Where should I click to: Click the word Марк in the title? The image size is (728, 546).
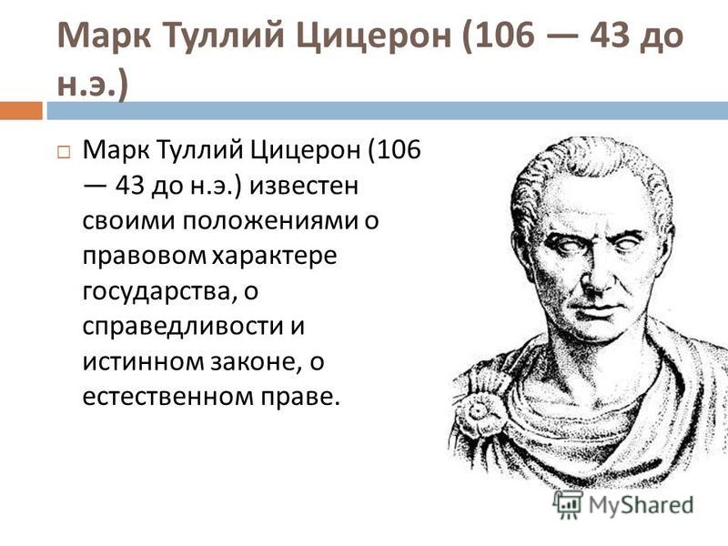(104, 35)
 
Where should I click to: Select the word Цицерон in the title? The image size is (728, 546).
(374, 36)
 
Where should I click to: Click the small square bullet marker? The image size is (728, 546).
(64, 152)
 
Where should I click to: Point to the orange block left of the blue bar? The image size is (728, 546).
(21, 110)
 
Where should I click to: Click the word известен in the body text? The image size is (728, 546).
(304, 186)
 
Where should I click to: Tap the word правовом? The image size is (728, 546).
(144, 257)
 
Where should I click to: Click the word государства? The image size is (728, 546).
(157, 292)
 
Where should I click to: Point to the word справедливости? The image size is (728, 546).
(184, 328)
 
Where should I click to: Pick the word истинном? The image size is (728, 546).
(144, 362)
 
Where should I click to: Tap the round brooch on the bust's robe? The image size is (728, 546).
(479, 411)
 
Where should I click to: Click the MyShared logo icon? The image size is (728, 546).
(567, 504)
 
